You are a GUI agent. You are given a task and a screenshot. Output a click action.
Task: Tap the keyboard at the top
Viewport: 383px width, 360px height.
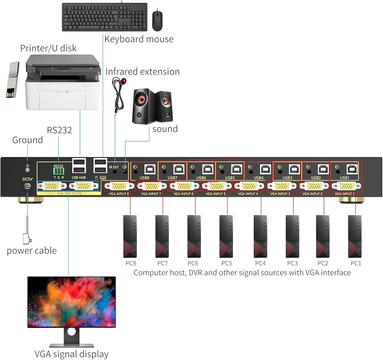(x=105, y=17)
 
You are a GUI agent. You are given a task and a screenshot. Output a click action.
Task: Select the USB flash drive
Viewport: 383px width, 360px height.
(x=13, y=79)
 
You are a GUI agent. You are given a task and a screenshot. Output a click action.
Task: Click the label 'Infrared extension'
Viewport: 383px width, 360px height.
(x=142, y=72)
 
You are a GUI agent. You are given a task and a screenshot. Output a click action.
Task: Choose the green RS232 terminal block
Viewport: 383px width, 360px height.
(x=59, y=171)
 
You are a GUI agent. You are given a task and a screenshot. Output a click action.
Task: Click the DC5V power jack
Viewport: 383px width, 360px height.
(x=27, y=186)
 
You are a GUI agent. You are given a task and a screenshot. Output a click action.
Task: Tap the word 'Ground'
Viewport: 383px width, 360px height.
(x=28, y=140)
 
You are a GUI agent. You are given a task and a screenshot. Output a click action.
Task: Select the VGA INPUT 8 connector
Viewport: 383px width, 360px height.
(x=119, y=186)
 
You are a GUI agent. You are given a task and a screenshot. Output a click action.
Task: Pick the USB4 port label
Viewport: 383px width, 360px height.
(x=259, y=178)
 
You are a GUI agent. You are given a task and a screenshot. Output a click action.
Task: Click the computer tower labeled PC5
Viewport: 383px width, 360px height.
(x=226, y=236)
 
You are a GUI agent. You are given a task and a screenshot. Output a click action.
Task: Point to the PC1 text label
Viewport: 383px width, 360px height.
(x=356, y=263)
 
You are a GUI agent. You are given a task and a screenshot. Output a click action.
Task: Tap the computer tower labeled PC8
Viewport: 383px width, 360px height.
(x=130, y=236)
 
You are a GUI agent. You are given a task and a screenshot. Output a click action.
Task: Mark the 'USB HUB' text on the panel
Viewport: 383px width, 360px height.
(x=79, y=178)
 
